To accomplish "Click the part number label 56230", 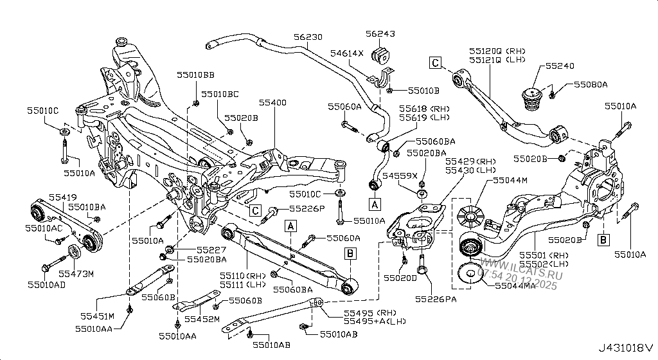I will pyautogui.click(x=308, y=38).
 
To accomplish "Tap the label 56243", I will pyautogui.click(x=380, y=35).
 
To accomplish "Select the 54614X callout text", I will pyautogui.click(x=347, y=54).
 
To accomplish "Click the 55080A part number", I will pyautogui.click(x=591, y=84).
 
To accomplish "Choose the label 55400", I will pyautogui.click(x=272, y=102).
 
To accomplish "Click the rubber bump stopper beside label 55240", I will pyautogui.click(x=532, y=98).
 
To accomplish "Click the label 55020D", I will pyautogui.click(x=400, y=278).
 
